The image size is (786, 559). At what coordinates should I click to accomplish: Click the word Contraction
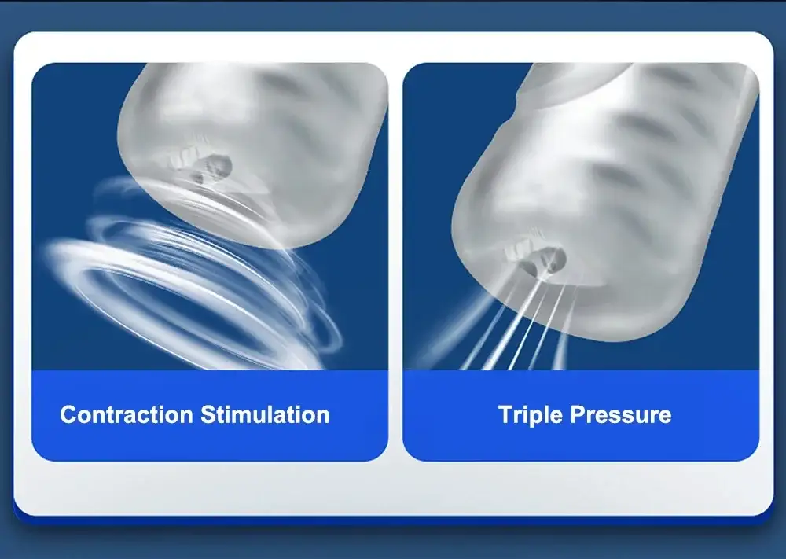coord(127,414)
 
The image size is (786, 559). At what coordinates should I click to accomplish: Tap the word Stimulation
coord(265,414)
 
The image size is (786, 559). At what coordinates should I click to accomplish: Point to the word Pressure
coord(621,415)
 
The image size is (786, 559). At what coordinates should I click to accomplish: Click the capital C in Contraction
coord(68,414)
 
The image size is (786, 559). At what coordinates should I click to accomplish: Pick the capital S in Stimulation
coord(209,414)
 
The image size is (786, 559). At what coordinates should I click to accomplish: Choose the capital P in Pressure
coord(578,414)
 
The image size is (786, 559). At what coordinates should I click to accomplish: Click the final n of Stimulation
coord(323,417)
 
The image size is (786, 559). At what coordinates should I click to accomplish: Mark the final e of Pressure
coord(665,417)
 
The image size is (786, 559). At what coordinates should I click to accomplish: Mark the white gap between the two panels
coord(395,261)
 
